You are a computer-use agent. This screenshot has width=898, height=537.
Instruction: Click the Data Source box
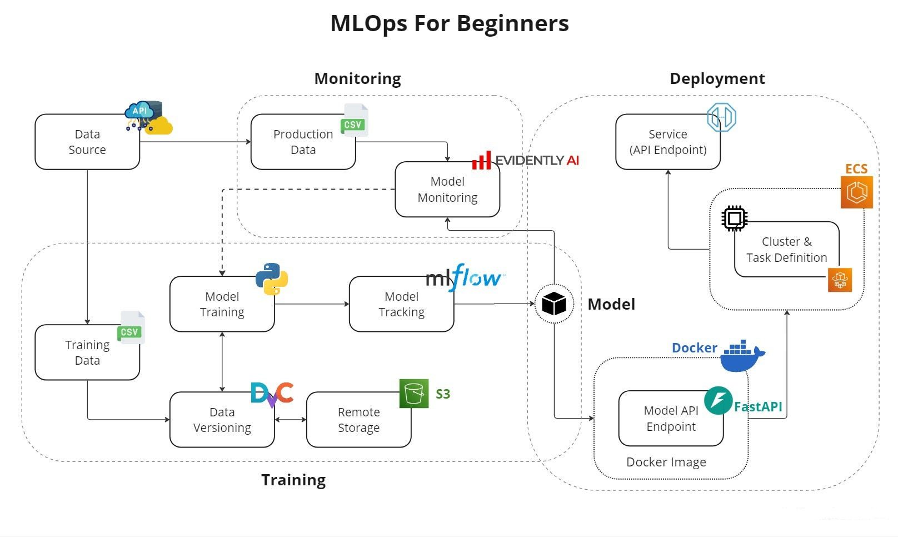point(87,142)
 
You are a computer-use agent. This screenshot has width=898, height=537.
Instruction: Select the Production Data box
point(303,142)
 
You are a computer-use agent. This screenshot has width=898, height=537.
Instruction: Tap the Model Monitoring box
point(447,190)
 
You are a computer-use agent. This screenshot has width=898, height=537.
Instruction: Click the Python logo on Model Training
point(272,279)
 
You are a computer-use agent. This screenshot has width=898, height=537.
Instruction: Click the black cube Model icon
point(553,304)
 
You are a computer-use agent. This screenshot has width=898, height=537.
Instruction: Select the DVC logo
point(272,394)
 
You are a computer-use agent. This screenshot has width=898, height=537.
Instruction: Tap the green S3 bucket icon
point(414,394)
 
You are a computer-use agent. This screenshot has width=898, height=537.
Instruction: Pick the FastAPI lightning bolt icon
point(718,400)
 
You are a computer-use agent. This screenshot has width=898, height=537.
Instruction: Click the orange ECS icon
point(856,192)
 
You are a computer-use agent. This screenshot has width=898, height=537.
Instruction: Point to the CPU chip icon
point(734,218)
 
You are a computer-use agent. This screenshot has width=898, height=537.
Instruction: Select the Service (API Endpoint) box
point(667,142)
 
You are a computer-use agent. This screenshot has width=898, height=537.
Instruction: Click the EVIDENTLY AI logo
point(525,161)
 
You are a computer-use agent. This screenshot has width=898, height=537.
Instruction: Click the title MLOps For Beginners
point(449,23)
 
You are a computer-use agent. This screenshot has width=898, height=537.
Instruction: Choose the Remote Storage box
point(358,420)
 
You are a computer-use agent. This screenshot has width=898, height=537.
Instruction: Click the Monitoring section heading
point(357,78)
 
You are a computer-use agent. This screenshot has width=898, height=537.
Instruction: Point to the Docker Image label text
point(666,462)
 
